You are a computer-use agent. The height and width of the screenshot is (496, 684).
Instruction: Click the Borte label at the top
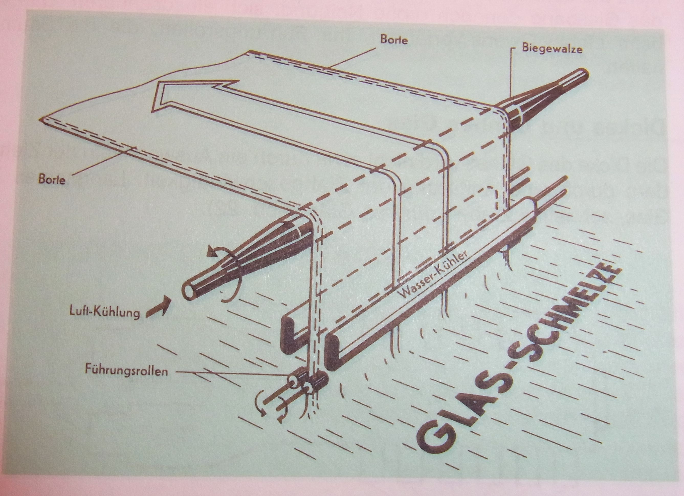pos(394,40)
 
